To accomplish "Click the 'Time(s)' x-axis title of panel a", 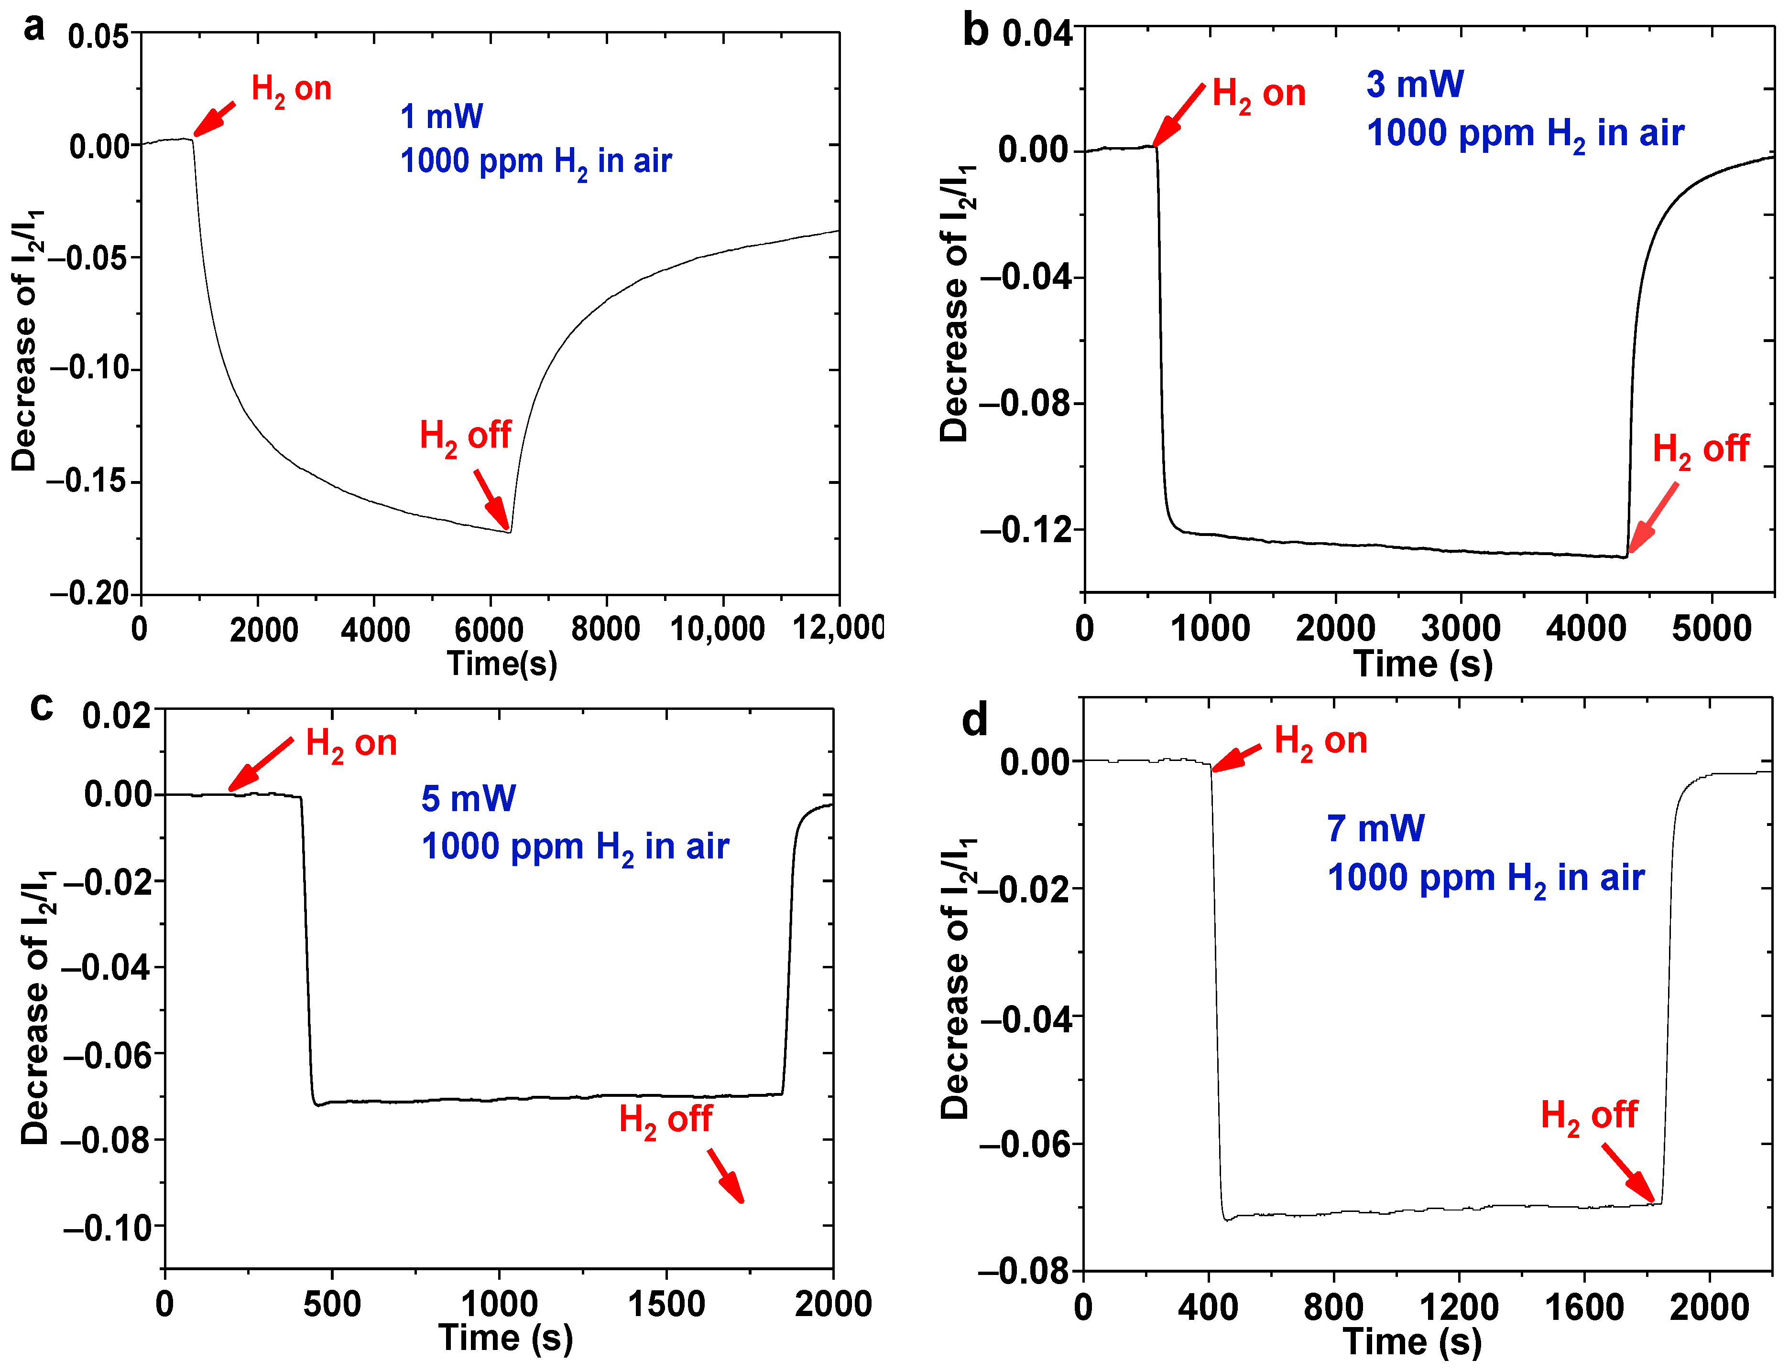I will pos(502,664).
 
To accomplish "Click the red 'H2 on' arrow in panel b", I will pos(1178,115).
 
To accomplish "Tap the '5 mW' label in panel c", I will pos(468,798).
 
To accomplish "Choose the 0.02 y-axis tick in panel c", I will pos(117,716).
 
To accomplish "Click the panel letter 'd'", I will pos(975,720).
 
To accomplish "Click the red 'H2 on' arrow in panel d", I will pos(1236,757).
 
